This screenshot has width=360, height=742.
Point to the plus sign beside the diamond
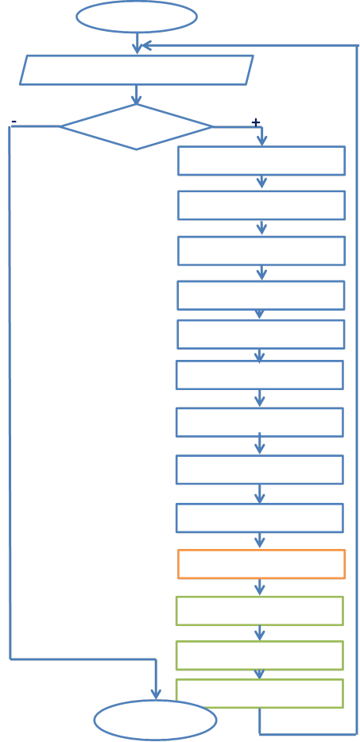[256, 122]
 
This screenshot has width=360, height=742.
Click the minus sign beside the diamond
[14, 122]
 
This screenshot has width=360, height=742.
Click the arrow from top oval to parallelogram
[137, 43]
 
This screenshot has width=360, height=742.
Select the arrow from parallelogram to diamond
[137, 95]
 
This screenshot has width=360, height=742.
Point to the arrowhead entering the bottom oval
[156, 694]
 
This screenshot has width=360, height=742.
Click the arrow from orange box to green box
[259, 587]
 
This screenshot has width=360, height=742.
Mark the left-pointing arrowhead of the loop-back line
[146, 45]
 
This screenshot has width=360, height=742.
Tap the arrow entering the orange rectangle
[259, 540]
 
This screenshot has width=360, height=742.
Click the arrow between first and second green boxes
[259, 633]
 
